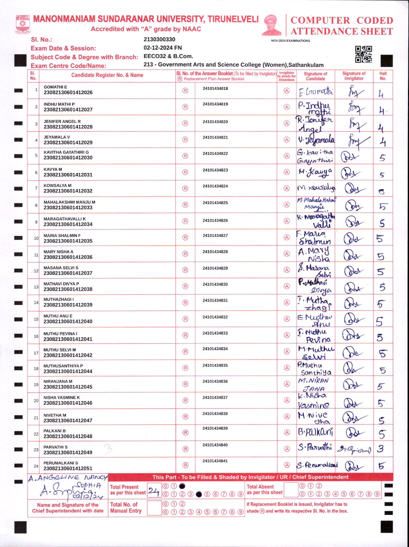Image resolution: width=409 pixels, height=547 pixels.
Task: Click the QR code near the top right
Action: (363, 54)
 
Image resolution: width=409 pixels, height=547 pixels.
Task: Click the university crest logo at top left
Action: (22, 24)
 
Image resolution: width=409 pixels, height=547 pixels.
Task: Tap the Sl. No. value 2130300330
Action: (159, 39)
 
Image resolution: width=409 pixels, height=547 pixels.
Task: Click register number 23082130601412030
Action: (68, 158)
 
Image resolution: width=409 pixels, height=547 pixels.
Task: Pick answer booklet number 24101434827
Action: (215, 236)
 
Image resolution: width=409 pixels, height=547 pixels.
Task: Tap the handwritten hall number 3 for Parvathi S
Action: (381, 449)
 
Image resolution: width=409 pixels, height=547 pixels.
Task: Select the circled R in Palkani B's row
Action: (186, 433)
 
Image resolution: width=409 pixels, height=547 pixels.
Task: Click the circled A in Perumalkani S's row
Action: (287, 465)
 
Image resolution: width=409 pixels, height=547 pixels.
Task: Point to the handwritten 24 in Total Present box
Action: (154, 491)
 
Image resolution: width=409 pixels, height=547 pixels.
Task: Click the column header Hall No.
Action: (383, 76)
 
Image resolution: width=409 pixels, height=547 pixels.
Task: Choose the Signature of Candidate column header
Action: (315, 76)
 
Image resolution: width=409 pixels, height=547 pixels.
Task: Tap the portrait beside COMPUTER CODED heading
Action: (272, 25)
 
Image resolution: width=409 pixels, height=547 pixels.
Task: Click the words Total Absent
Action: (260, 487)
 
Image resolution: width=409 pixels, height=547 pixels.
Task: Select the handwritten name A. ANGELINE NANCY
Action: (68, 478)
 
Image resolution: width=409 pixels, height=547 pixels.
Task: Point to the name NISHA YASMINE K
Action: (62, 397)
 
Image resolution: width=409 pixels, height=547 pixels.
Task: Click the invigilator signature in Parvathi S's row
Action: (353, 450)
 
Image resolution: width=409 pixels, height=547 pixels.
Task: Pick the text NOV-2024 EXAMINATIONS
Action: (290, 41)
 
